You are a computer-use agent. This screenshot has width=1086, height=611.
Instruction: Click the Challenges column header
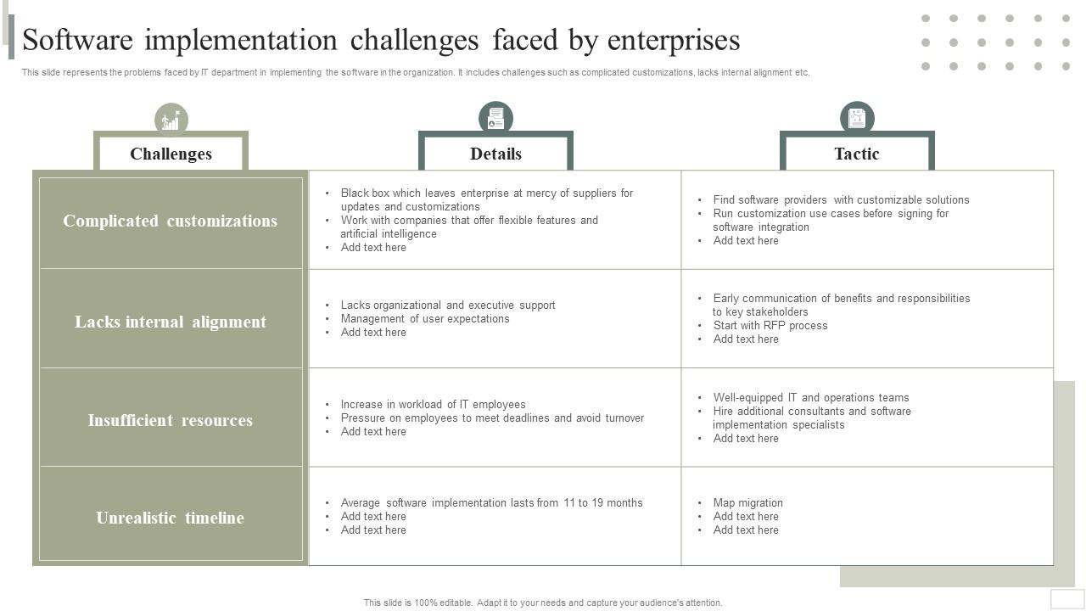171,154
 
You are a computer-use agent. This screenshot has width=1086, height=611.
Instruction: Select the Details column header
495,154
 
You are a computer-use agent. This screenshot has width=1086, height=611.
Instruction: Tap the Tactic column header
856,154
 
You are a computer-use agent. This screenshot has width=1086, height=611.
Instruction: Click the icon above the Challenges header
171,121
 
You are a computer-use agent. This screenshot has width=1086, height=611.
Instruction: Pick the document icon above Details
495,118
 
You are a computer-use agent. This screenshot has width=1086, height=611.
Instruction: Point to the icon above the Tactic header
857,118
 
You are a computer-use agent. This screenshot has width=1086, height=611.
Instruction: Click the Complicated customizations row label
170,221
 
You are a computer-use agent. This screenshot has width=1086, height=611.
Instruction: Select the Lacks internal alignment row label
170,322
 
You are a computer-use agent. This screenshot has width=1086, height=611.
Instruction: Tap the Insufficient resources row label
170,420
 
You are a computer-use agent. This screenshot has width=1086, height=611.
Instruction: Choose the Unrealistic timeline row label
170,518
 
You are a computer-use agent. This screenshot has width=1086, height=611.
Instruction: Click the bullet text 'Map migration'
747,502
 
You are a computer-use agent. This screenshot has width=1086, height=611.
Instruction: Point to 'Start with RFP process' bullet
770,325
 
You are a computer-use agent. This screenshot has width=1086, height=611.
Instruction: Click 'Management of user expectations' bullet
425,318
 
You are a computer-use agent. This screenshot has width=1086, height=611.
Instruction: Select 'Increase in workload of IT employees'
433,404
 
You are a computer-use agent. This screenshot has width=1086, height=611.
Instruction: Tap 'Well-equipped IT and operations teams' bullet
810,397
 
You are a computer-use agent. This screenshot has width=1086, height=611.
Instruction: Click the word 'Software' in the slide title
83,40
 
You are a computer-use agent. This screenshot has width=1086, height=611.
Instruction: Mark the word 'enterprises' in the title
674,40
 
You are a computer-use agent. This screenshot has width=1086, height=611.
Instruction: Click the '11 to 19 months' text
602,502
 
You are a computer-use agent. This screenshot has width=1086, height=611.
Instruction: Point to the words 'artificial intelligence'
389,233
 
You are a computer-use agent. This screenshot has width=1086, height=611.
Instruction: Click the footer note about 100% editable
543,603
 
